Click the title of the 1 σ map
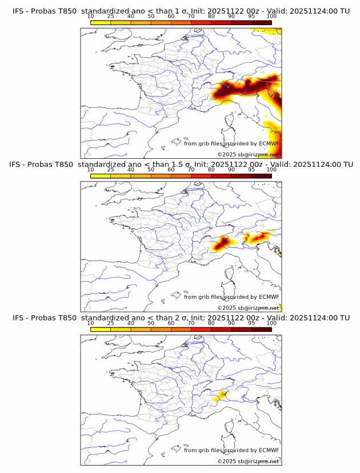(181, 11)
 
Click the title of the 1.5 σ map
(181, 165)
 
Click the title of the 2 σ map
(181, 318)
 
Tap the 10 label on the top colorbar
(91, 17)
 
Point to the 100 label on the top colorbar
(271, 17)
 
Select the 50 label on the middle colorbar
(151, 170)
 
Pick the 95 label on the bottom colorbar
(251, 324)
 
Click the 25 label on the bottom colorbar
(111, 324)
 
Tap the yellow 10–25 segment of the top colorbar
(101, 23)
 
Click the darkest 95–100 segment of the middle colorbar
(261, 176)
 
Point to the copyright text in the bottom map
(248, 461)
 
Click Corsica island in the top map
(230, 123)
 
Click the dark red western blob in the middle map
(222, 244)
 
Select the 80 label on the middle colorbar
(211, 170)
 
